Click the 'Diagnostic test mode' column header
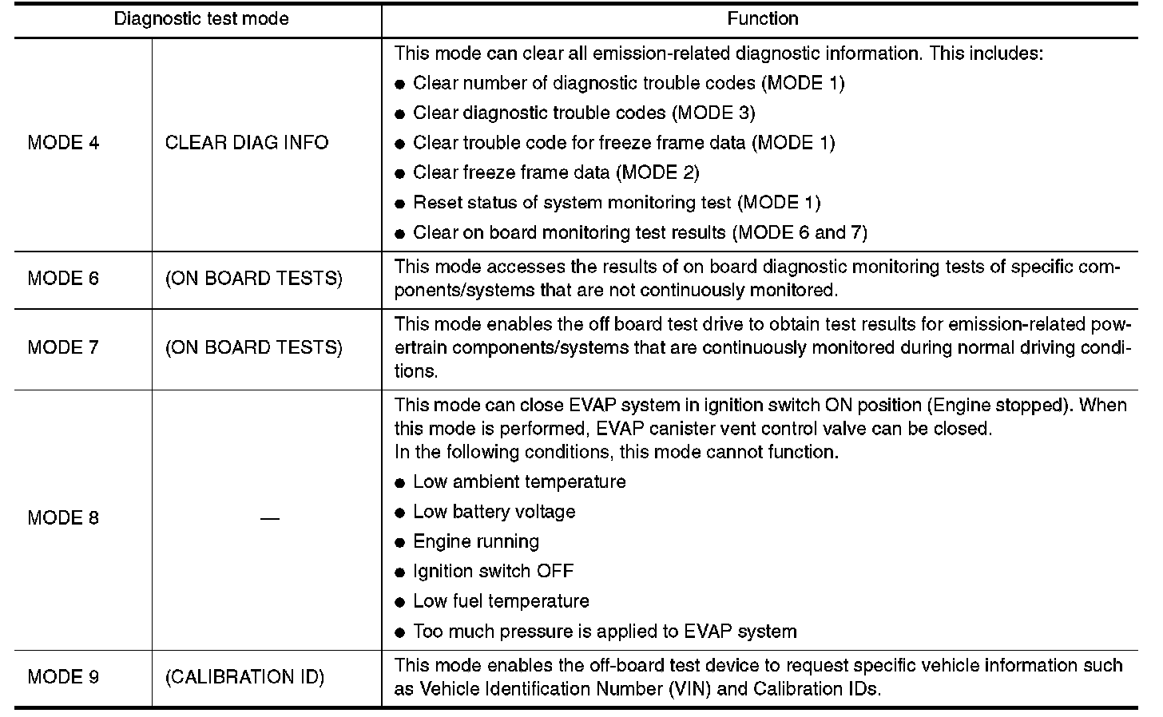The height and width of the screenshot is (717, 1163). coord(201,18)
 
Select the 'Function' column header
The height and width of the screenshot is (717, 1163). coord(762,18)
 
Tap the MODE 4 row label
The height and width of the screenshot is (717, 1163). coord(64,143)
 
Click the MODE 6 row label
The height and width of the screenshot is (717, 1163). coord(64,279)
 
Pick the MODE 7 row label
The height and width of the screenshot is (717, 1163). coord(64,347)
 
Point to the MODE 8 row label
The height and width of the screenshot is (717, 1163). coord(64,518)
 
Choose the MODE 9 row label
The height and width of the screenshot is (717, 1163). coord(64,677)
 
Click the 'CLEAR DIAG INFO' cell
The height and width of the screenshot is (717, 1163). coord(247,143)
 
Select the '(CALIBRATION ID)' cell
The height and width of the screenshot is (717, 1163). coord(244,677)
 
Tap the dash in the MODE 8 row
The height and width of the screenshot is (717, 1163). coord(269,519)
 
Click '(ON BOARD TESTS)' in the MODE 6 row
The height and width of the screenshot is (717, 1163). coord(253,279)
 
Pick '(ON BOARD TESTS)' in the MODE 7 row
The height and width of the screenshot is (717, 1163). coord(253,347)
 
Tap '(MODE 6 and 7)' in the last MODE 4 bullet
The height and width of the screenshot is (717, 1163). coord(800,232)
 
